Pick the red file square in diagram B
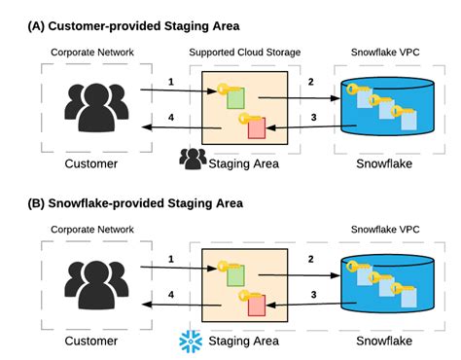[256, 306]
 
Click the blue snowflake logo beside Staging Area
[191, 340]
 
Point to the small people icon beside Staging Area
[193, 160]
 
